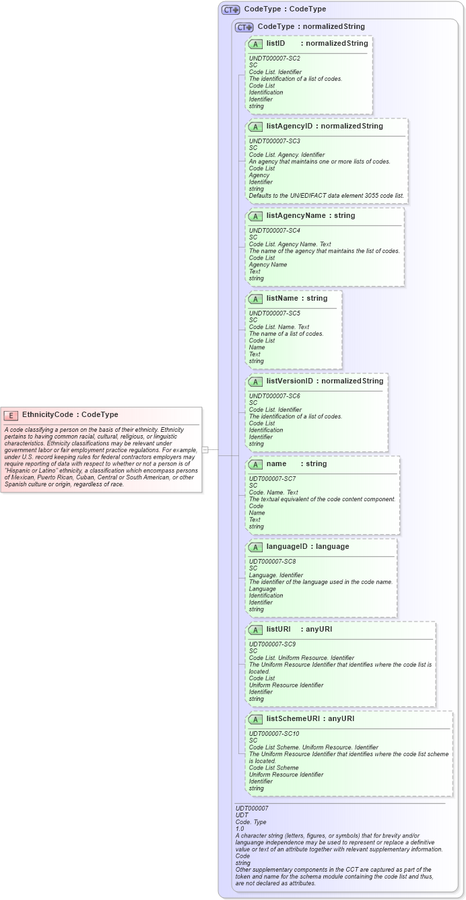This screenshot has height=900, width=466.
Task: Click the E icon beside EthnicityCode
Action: pyautogui.click(x=11, y=415)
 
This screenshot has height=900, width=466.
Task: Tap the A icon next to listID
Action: pyautogui.click(x=255, y=44)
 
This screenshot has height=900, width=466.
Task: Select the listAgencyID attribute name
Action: pyautogui.click(x=290, y=126)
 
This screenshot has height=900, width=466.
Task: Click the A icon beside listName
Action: pyautogui.click(x=255, y=299)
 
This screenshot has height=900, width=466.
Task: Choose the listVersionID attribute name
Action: pyautogui.click(x=290, y=381)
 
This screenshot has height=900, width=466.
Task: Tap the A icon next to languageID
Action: pyautogui.click(x=255, y=547)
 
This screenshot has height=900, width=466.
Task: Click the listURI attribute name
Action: pyautogui.click(x=278, y=630)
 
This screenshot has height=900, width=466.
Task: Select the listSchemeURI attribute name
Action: pyautogui.click(x=294, y=719)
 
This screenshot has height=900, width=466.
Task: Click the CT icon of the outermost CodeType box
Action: pyautogui.click(x=231, y=10)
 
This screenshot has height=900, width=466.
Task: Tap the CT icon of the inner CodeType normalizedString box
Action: pyautogui.click(x=244, y=27)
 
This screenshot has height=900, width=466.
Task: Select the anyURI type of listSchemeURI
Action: pyautogui.click(x=341, y=719)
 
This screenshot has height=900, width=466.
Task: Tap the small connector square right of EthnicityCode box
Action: pyautogui.click(x=205, y=449)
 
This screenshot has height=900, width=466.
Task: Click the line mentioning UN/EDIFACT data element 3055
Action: pyautogui.click(x=327, y=196)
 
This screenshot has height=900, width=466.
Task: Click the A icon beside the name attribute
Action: pyautogui.click(x=255, y=464)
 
